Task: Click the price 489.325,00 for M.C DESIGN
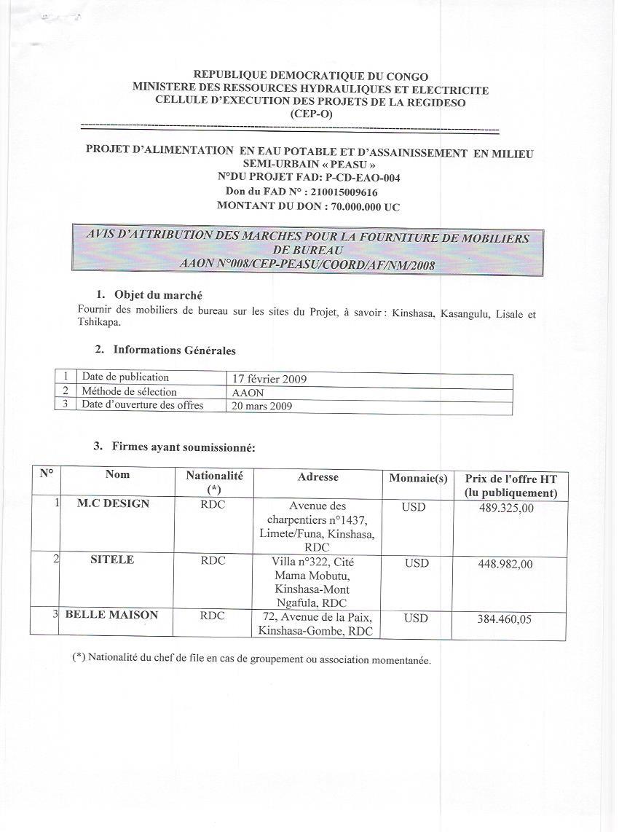click(506, 509)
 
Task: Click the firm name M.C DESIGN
click(113, 504)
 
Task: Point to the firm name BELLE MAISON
click(111, 615)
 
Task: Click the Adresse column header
click(318, 477)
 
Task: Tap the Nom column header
click(117, 475)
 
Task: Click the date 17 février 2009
click(267, 380)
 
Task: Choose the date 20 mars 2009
click(259, 407)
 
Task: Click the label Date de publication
click(125, 377)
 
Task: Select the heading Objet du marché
click(158, 295)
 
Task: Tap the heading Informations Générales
click(174, 350)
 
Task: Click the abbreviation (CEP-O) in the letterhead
click(310, 114)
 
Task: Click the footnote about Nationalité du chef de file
click(251, 659)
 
